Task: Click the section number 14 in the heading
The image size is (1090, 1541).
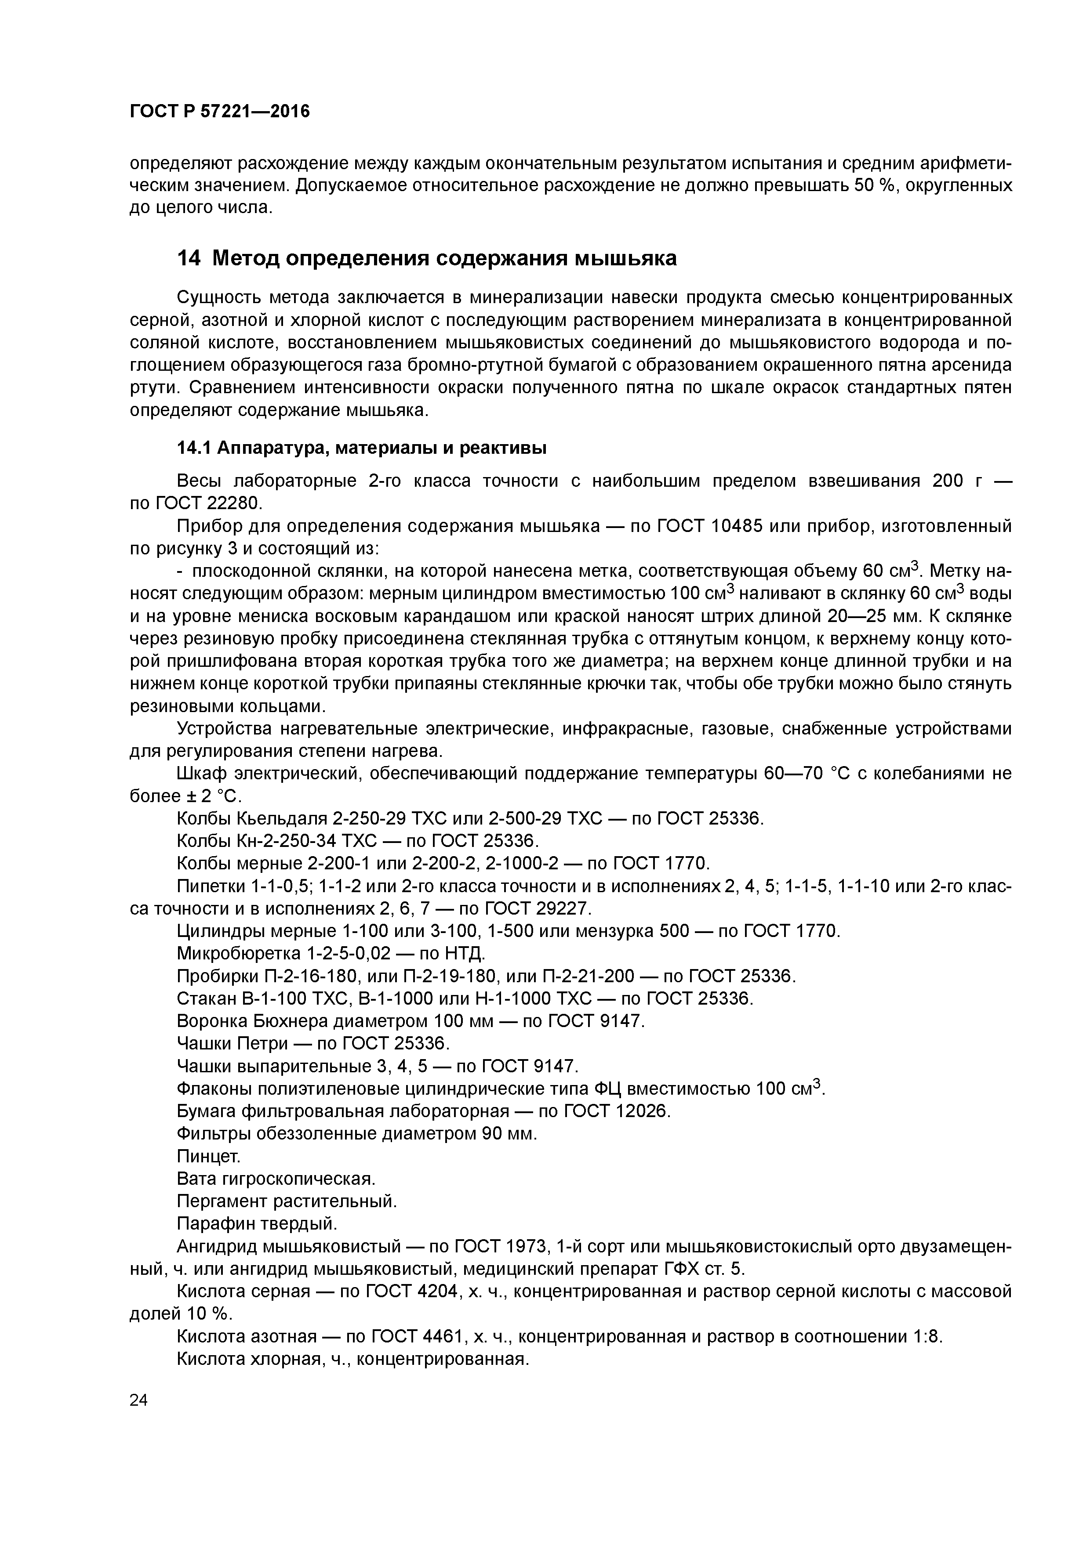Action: pyautogui.click(x=189, y=258)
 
